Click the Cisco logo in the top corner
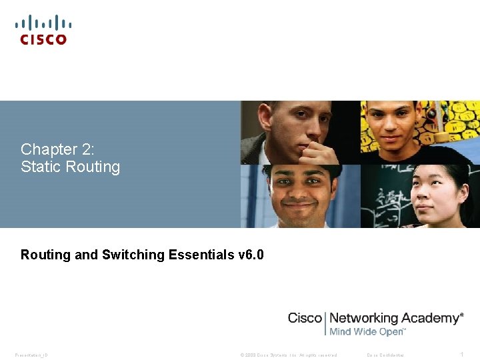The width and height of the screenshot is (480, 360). pos(43,30)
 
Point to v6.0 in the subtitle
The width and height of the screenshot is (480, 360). pos(251,255)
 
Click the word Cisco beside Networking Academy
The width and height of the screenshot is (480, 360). pos(305,318)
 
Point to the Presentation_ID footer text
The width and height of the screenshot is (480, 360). pos(31,355)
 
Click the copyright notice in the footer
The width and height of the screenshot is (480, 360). pos(289,355)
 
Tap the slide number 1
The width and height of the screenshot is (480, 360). pos(461,354)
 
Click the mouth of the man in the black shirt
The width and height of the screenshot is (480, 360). pos(391,138)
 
